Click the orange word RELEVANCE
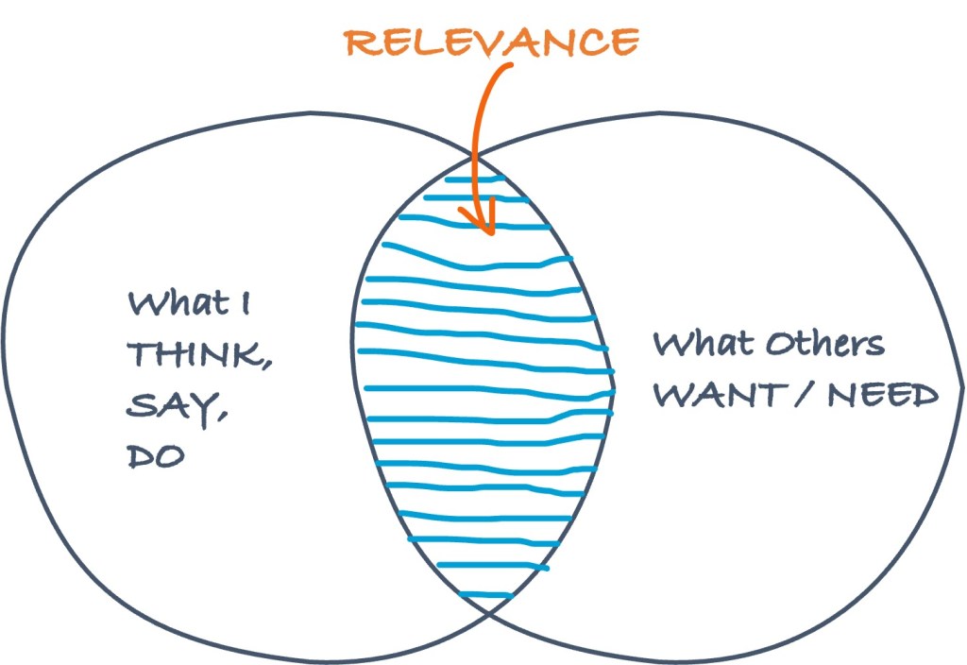coord(488,42)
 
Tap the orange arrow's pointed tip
coord(489,231)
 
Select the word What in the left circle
coord(170,305)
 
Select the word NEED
coord(882,394)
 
